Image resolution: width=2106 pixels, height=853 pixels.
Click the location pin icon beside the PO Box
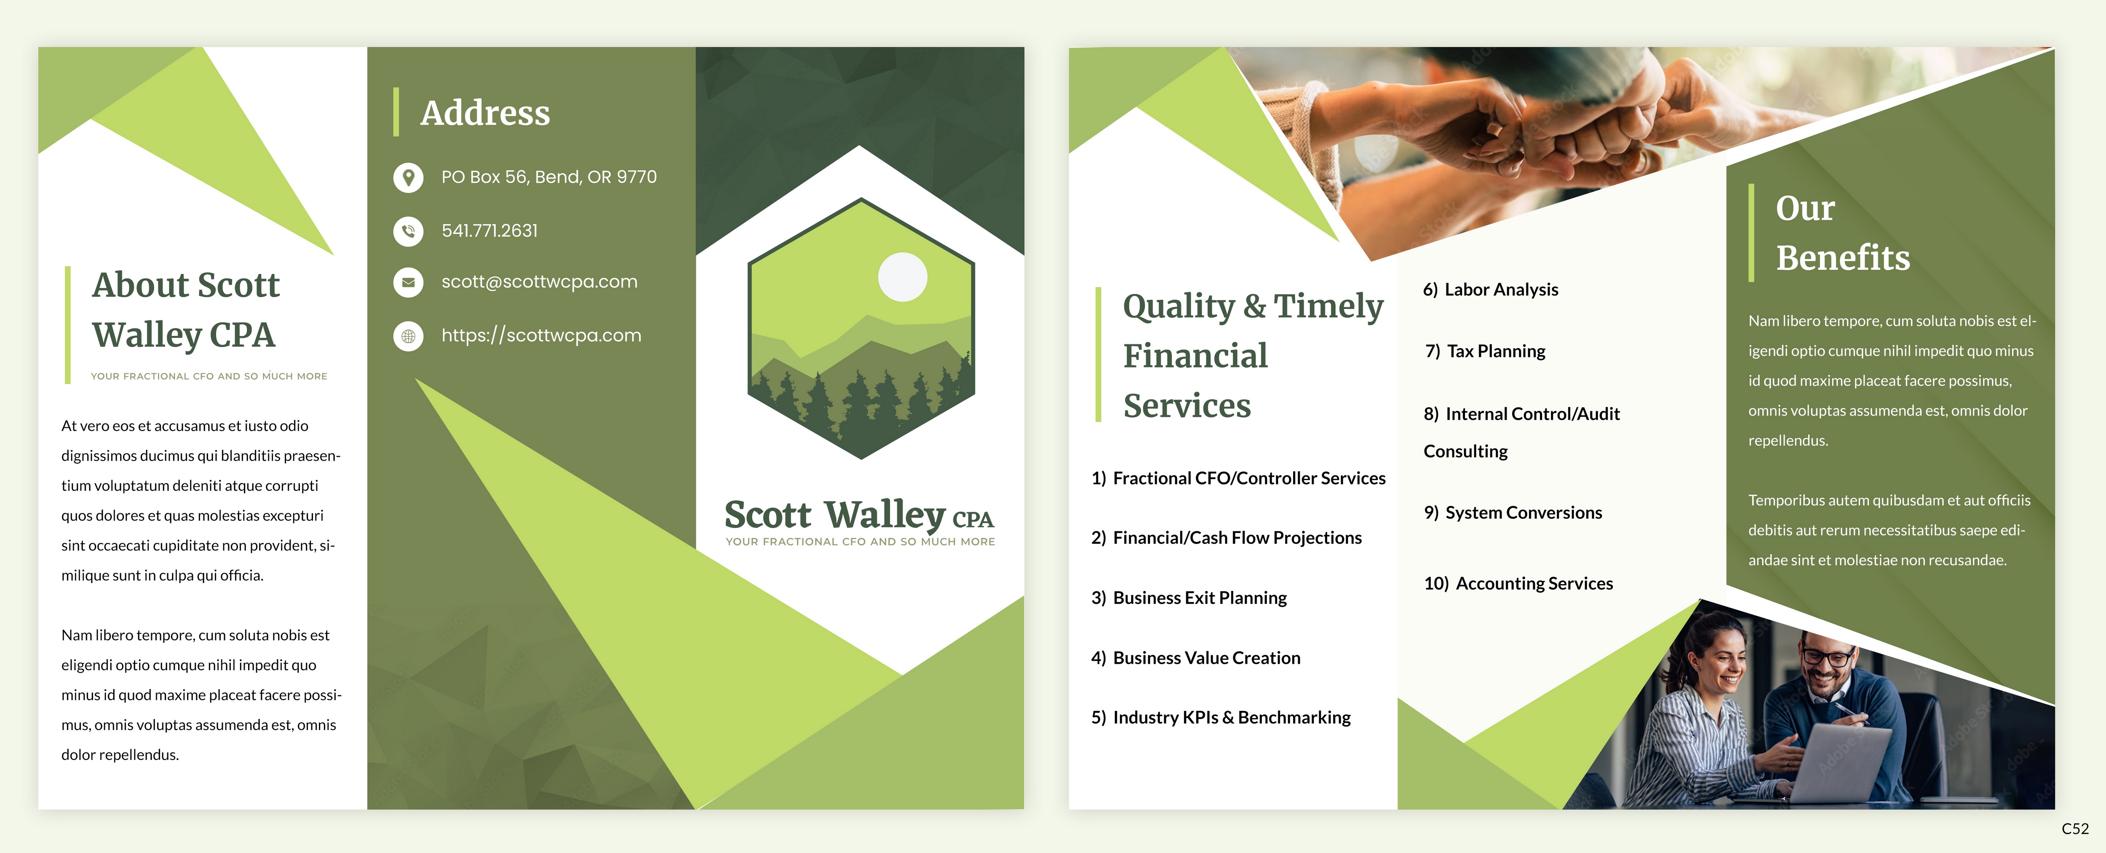(x=408, y=177)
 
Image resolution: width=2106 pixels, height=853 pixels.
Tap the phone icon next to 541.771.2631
(x=408, y=231)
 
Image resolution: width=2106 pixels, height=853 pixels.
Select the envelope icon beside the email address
(x=408, y=282)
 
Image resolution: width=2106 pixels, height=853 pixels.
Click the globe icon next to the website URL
(x=408, y=336)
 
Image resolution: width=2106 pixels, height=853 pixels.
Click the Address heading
(x=485, y=113)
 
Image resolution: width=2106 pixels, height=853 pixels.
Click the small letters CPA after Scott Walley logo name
(x=973, y=519)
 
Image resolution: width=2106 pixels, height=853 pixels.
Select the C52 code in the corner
(x=2075, y=829)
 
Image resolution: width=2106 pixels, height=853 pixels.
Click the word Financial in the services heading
(x=1195, y=356)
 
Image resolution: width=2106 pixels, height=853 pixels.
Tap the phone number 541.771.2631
(x=490, y=231)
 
